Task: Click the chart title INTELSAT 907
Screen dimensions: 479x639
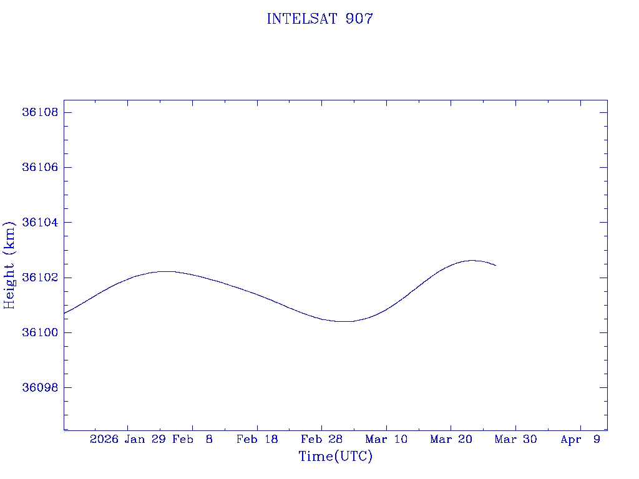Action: tap(319, 19)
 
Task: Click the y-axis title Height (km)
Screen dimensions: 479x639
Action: tap(9, 264)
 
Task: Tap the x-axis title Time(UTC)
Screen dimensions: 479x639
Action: tap(336, 457)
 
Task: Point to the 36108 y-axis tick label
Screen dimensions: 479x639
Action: tap(40, 112)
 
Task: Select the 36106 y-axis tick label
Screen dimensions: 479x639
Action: tap(40, 167)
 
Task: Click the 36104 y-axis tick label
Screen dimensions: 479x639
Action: tap(40, 222)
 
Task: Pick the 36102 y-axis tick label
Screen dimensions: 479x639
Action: tap(40, 277)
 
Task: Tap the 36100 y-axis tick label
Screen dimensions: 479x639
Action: tap(40, 332)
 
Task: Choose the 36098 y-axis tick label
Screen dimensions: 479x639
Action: tap(40, 387)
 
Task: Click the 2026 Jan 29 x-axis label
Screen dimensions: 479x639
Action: tap(127, 440)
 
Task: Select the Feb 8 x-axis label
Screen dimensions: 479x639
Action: tap(192, 440)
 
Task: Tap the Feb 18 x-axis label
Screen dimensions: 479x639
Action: tap(257, 440)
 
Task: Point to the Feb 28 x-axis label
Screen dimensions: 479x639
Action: tap(321, 440)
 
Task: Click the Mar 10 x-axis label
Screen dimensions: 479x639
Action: tap(386, 440)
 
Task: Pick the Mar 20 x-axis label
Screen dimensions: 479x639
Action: tap(451, 440)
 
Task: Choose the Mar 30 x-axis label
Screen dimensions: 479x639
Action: tap(515, 440)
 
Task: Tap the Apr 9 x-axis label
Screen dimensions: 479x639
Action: tap(580, 440)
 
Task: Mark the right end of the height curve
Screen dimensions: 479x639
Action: tap(495, 266)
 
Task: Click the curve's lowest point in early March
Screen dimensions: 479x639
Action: tap(344, 321)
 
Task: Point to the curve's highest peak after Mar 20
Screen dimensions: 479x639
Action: tap(472, 260)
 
